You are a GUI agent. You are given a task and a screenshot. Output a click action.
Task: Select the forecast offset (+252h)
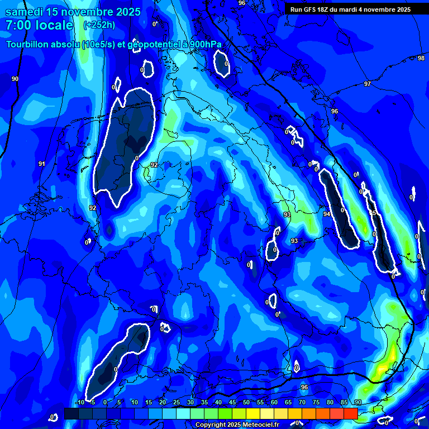pos(99,25)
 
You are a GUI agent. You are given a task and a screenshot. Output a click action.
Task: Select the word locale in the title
pos(54,25)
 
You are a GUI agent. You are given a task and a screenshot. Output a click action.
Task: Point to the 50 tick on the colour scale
pos(246,403)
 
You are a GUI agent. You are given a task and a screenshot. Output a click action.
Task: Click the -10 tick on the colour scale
pos(80,403)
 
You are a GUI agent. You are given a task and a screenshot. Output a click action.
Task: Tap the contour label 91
pos(41,164)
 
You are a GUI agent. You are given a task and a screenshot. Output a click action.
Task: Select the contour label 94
pos(327,214)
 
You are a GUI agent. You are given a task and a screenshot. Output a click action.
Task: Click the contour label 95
pos(373,213)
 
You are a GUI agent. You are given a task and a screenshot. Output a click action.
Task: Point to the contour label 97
pos(367,84)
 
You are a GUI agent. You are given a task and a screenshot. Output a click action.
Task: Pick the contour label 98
pos(421,58)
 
